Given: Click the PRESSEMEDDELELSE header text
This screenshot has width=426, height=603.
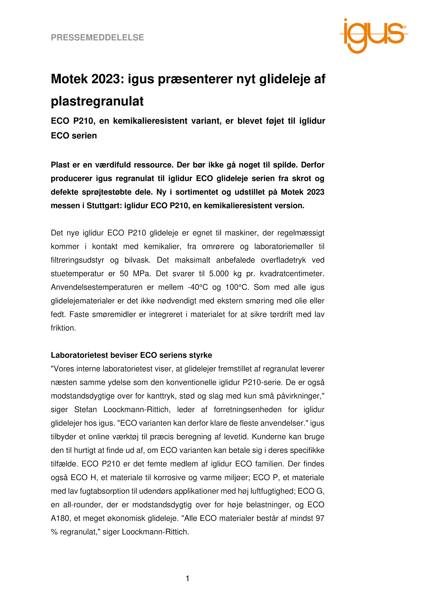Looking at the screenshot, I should (x=97, y=37).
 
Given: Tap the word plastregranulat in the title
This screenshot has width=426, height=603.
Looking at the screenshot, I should (x=97, y=102).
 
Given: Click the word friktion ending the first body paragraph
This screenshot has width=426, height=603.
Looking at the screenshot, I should (x=63, y=328).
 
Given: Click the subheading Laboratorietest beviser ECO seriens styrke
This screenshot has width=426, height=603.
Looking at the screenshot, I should (x=132, y=355).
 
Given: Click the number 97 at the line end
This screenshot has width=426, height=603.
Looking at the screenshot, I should (x=320, y=518).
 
